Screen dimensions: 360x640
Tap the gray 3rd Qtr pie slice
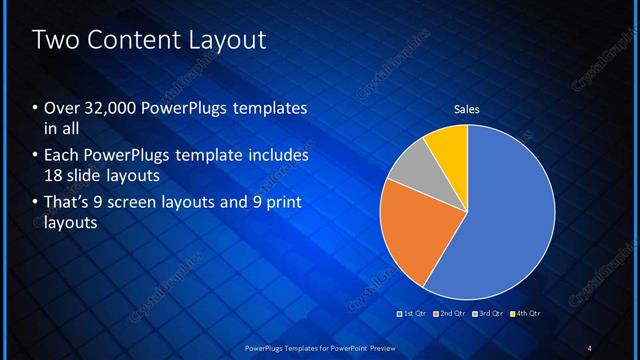click(407, 169)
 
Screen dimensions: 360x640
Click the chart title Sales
click(467, 108)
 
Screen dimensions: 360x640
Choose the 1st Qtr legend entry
click(411, 314)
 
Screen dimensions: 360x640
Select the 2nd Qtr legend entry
click(450, 314)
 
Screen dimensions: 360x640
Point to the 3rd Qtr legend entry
click(489, 314)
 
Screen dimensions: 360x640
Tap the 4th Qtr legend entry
click(526, 314)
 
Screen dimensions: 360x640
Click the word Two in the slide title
click(53, 41)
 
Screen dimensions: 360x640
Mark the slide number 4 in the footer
click(589, 347)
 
